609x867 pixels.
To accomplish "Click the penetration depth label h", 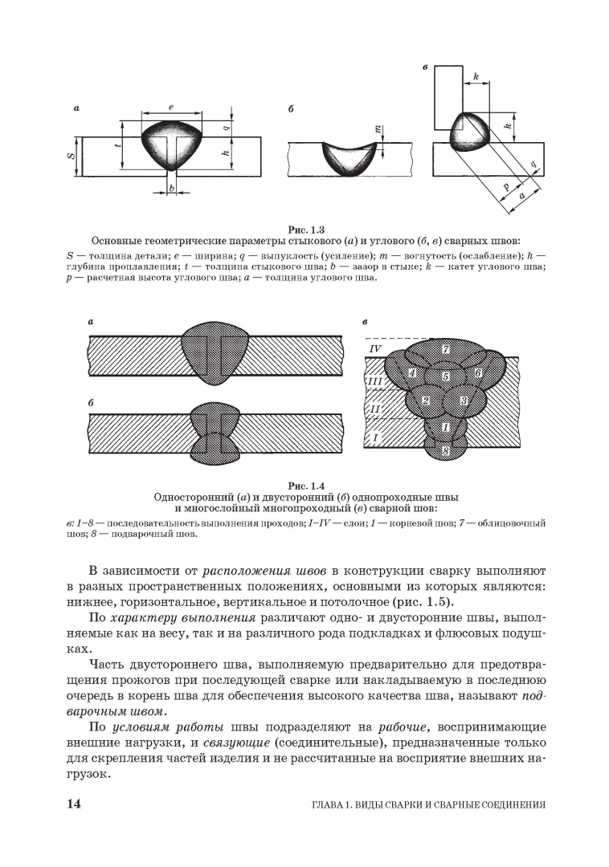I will (226, 153).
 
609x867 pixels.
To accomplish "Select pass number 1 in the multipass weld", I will (446, 426).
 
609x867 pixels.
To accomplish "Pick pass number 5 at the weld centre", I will (446, 376).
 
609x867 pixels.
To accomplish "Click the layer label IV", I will (374, 349).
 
